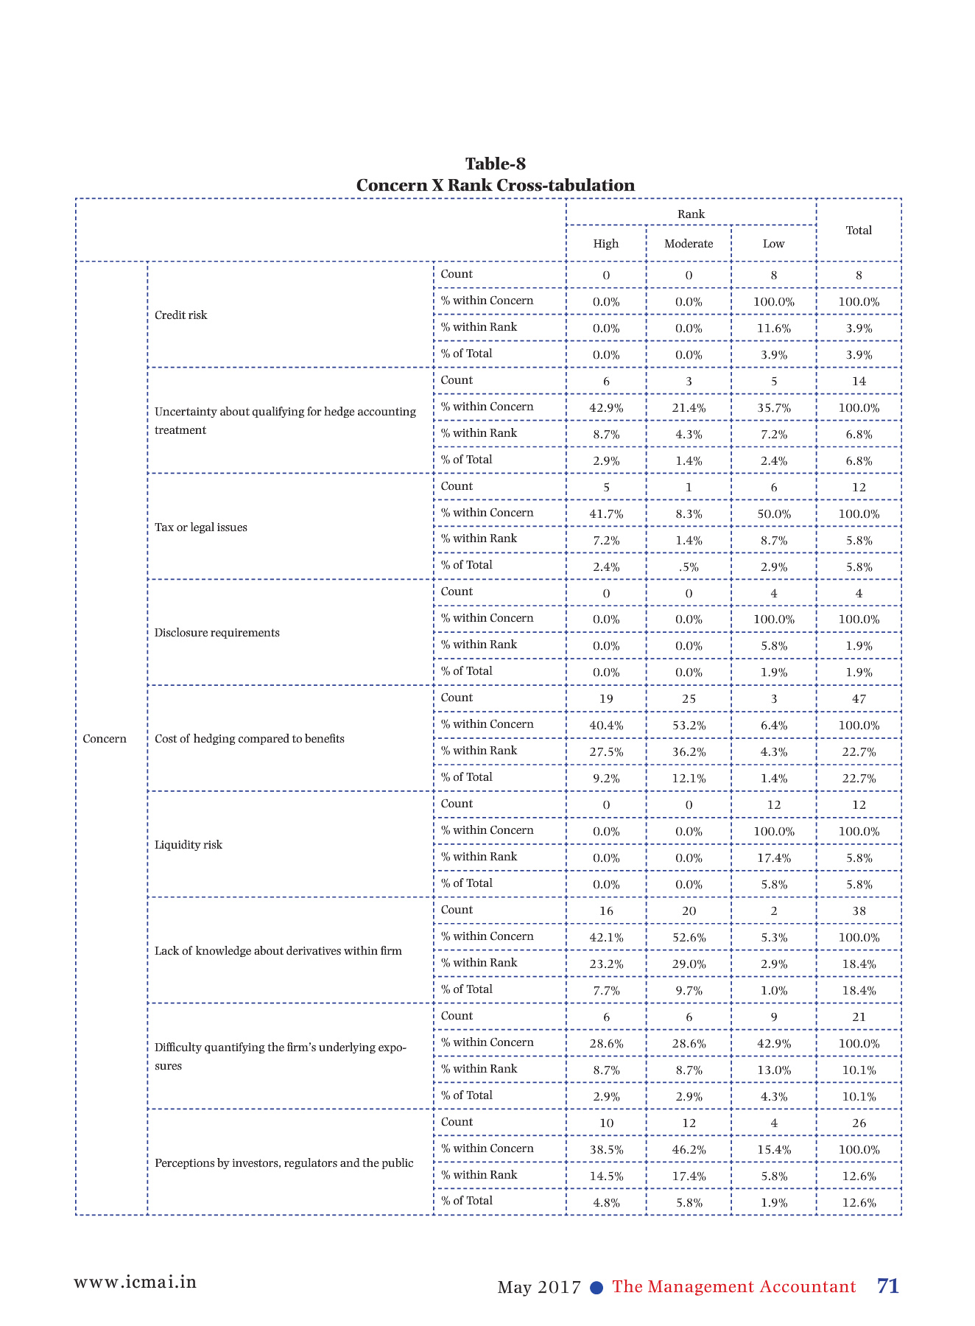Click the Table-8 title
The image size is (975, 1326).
(x=495, y=164)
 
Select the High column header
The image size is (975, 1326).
(x=606, y=244)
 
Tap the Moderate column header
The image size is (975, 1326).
(x=689, y=244)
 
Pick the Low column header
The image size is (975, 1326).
(x=773, y=244)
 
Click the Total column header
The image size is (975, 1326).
(x=859, y=231)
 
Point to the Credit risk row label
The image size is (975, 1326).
(x=181, y=315)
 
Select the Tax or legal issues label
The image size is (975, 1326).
(x=201, y=527)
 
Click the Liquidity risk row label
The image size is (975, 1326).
(x=189, y=845)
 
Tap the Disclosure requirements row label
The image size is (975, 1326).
(x=217, y=633)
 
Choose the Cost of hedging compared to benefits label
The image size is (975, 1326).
(x=250, y=739)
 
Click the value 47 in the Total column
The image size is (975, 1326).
(x=859, y=699)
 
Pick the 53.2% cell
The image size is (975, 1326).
(x=689, y=726)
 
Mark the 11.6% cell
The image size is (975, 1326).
(x=773, y=329)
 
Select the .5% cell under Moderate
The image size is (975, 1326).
(x=689, y=567)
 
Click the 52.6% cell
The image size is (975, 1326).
(x=689, y=938)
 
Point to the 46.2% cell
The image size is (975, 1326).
(x=689, y=1150)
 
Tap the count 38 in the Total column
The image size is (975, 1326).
(x=859, y=911)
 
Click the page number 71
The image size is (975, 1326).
(x=888, y=1286)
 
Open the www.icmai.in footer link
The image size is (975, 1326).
(x=135, y=1283)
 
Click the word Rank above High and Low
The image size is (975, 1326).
(x=691, y=214)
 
